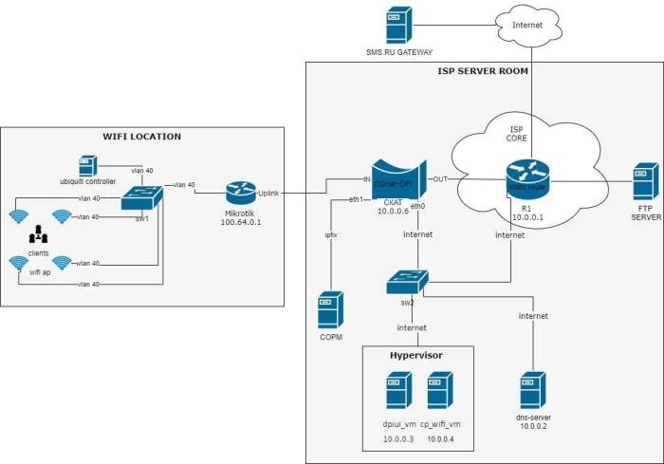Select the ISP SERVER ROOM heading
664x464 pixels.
coord(483,71)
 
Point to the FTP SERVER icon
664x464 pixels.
coord(645,181)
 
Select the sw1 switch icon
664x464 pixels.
coord(142,197)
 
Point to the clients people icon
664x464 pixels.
coord(39,234)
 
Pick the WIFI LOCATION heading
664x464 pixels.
coord(141,137)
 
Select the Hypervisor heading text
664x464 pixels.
coord(416,355)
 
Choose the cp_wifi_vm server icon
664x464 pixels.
coord(438,390)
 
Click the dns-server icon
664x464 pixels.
coord(531,390)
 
